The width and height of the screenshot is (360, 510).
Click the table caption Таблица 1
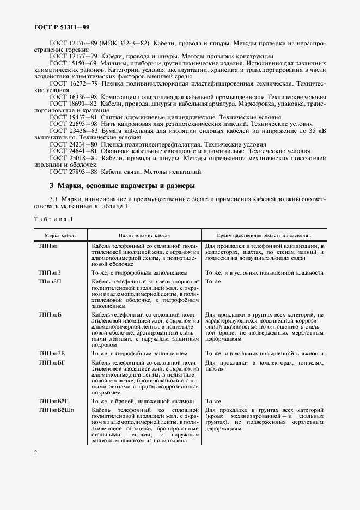[53, 218]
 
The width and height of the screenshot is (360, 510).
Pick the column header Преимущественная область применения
[264, 236]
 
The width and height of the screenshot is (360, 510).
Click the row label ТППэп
[47, 247]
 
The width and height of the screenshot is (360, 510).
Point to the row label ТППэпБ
[50, 315]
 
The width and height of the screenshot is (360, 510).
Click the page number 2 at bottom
[35, 453]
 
